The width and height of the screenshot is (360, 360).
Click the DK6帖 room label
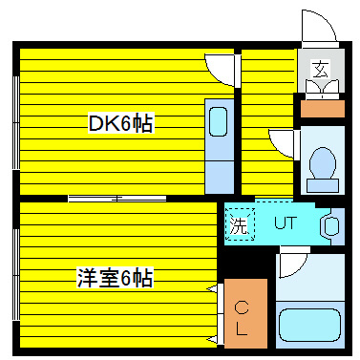(120, 123)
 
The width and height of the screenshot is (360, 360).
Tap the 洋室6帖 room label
(116, 278)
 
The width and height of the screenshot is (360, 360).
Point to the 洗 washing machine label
(240, 226)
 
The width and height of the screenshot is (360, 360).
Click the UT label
(286, 224)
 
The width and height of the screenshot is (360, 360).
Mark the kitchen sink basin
(219, 121)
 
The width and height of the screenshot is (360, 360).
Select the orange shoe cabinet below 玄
(323, 108)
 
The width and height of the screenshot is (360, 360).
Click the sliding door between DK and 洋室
(115, 199)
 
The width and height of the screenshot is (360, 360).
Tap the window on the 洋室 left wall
(15, 272)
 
